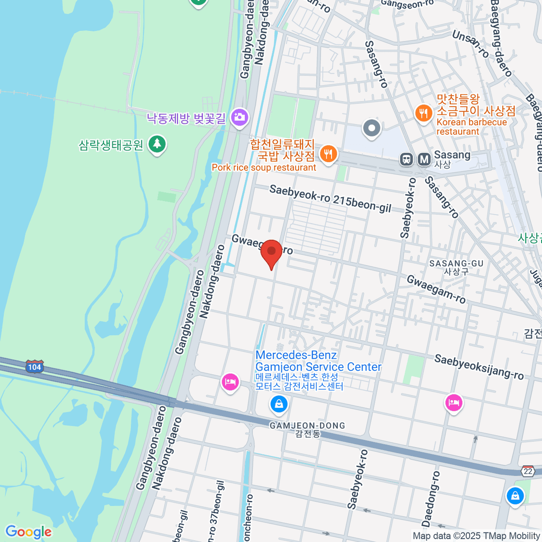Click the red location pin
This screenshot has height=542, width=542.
coord(271,251)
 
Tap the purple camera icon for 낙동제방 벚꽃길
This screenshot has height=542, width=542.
coord(239,117)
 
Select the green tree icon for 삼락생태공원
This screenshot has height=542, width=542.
coord(157,144)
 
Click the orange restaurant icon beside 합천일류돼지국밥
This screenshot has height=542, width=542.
coord(328,154)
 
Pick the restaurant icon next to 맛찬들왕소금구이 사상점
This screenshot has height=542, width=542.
coord(423,113)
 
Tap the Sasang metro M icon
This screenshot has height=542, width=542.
coord(424,159)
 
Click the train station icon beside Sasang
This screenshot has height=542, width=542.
coord(407,159)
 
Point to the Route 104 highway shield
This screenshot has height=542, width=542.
coord(35,367)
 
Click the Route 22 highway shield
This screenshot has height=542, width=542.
coord(528,471)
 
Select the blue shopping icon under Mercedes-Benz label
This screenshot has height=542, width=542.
coord(279,403)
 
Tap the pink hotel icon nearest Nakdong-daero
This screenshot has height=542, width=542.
coord(230,382)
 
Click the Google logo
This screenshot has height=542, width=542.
coord(28,532)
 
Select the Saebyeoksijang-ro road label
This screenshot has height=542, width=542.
coord(479,367)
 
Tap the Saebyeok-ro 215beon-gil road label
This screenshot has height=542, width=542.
coord(330,198)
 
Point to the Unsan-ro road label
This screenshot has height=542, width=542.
coord(470,44)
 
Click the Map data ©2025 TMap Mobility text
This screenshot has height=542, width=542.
coord(477,536)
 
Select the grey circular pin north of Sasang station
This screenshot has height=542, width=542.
coord(372,128)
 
